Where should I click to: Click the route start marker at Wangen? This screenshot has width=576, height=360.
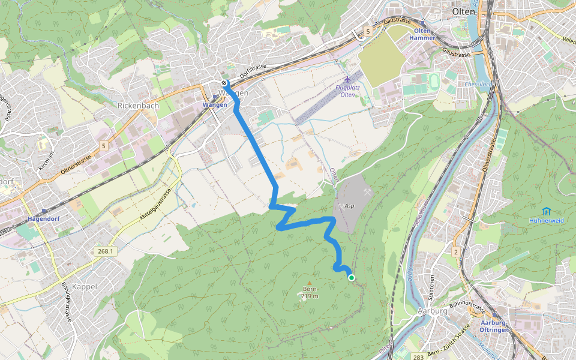coord(224,83)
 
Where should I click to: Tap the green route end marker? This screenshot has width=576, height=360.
coord(351,277)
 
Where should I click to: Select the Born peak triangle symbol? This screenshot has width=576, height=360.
coord(310,283)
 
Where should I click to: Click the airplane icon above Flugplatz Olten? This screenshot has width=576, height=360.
coord(347,79)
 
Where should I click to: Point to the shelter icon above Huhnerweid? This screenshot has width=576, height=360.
coord(546,211)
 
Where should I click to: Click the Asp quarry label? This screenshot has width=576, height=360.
coord(349,205)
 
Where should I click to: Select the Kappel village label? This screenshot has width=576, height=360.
coord(84,287)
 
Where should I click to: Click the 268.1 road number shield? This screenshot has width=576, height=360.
coord(104,251)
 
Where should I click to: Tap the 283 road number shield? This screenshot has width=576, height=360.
coord(418,357)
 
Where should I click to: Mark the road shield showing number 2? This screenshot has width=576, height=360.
coord(456,252)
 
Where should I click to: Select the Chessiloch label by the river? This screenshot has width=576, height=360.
coord(478,84)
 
